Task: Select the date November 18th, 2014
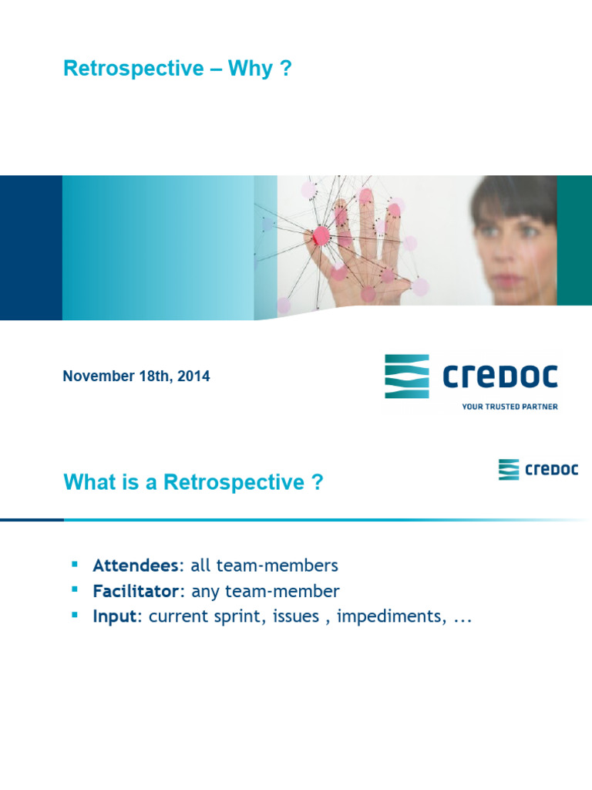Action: (136, 376)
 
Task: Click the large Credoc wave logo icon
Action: (407, 376)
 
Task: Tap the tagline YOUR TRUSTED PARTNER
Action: (510, 406)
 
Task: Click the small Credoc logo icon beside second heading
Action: (509, 470)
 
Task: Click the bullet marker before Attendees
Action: (75, 565)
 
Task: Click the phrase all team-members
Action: (264, 565)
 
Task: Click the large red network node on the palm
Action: (321, 235)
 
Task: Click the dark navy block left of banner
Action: (31, 248)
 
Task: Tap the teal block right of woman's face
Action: (574, 240)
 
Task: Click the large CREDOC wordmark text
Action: (499, 377)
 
